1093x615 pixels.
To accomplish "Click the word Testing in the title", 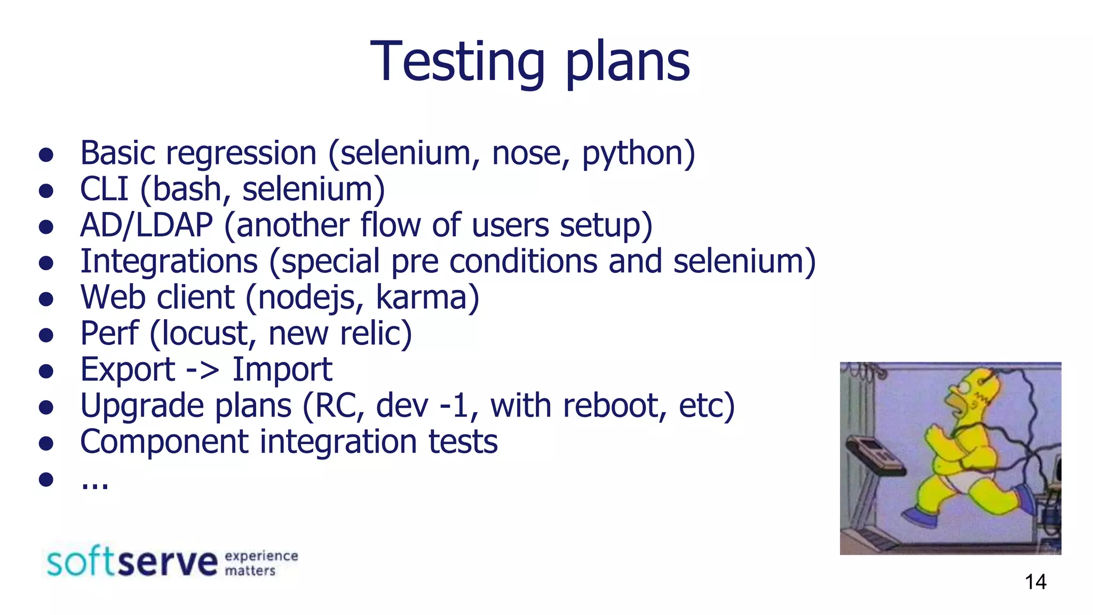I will [x=457, y=63].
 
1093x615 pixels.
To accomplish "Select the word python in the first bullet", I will [x=632, y=154].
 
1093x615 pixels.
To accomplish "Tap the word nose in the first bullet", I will [x=525, y=154].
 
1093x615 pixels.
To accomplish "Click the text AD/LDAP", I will [x=146, y=225].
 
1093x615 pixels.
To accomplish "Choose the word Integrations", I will [x=169, y=262].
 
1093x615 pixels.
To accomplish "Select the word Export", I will [x=128, y=370].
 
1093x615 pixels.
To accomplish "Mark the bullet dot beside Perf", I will [x=46, y=335].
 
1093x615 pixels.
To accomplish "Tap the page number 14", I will [x=1035, y=582].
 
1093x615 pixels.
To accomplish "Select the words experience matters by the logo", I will [x=261, y=563].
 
